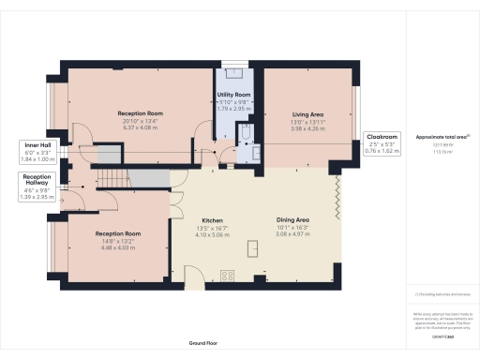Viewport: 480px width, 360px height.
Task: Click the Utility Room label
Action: [x=235, y=96]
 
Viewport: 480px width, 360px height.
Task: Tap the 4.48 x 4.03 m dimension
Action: [x=118, y=248]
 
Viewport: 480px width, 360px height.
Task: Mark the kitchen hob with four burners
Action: [x=226, y=274]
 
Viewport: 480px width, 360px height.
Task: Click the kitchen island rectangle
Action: [x=251, y=247]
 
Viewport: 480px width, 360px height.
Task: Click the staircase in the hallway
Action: [x=112, y=178]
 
